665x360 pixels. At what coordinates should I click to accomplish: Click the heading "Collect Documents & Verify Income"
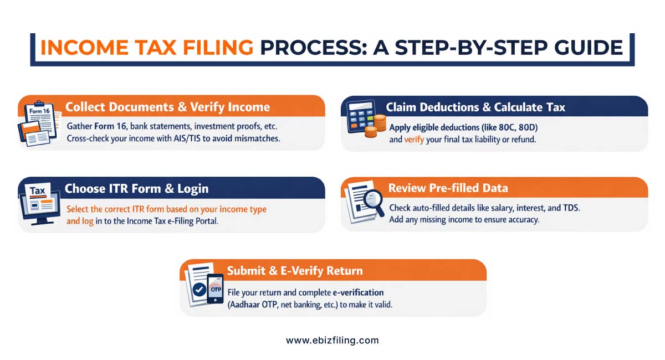click(167, 107)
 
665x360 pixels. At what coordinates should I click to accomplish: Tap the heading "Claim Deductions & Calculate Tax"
click(475, 107)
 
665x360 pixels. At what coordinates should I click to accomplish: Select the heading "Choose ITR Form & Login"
click(136, 188)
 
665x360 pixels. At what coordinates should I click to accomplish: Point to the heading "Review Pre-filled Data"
click(448, 188)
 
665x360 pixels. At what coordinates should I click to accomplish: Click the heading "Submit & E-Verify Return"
click(295, 271)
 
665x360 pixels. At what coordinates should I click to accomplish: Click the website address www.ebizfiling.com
click(332, 341)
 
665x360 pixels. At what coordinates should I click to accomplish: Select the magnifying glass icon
click(373, 199)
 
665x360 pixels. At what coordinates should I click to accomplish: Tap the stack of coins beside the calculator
click(379, 126)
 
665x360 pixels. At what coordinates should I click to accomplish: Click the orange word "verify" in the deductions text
click(414, 140)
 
